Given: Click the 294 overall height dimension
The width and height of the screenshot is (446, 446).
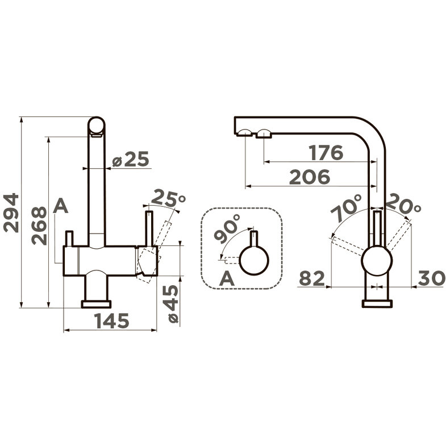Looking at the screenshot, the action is coord(11,212).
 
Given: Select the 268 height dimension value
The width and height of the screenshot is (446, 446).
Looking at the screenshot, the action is coord(39,226).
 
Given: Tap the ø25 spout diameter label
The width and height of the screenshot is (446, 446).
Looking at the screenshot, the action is coord(131,159).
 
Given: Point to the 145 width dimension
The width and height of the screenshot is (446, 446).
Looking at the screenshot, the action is coord(112,320).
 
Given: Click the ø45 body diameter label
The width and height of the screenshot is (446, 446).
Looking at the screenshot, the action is coord(173,303).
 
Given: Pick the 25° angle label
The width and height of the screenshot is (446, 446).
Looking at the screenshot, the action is coord(168,198).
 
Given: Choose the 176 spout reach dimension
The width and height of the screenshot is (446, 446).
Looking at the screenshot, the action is coord(327,153).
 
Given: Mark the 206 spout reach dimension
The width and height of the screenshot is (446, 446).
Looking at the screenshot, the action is coord(310,177).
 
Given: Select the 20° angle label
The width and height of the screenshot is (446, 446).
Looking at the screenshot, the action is coord(403,204).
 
